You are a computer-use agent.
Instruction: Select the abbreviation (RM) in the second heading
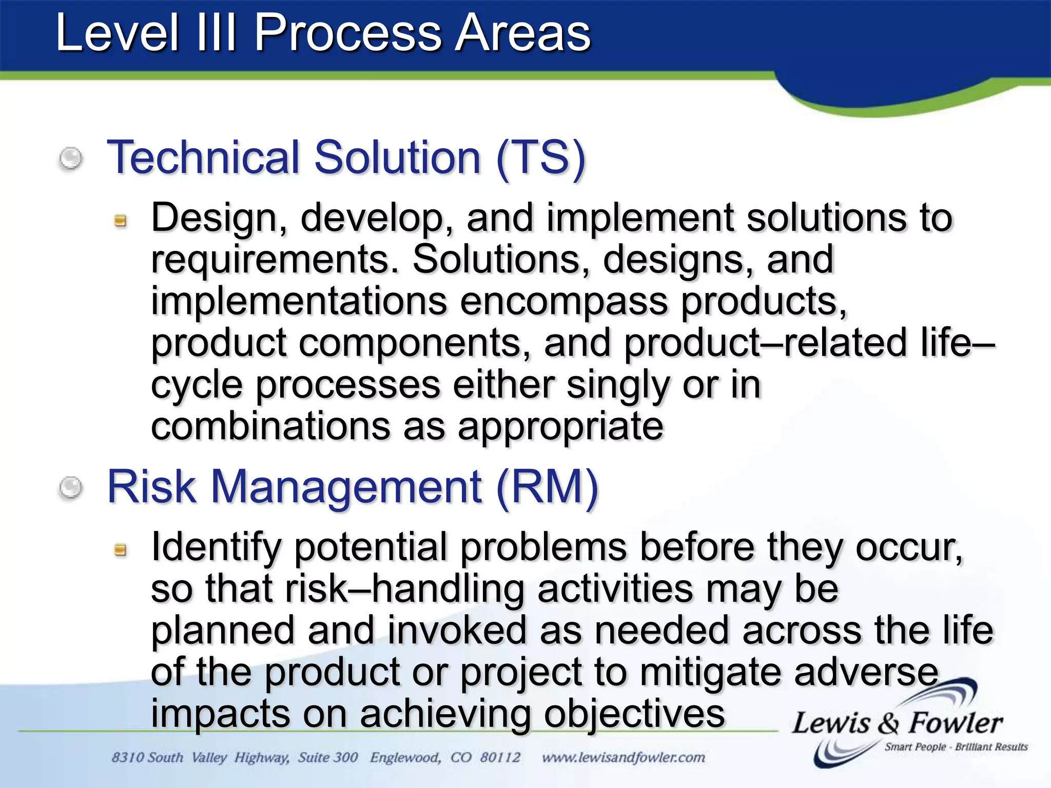(547, 487)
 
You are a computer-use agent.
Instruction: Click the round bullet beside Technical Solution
(71, 158)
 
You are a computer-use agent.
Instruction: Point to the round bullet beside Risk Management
(71, 487)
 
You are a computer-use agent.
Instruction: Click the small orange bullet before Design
(120, 221)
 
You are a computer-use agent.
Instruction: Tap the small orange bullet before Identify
(120, 550)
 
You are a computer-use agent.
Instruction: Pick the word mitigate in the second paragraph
(711, 673)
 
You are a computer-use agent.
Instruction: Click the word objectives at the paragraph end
(634, 714)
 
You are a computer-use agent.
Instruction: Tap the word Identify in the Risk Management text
(216, 547)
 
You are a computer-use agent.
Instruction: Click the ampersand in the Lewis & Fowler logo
(888, 724)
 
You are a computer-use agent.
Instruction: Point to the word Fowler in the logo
(956, 723)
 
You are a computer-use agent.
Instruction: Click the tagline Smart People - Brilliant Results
(956, 747)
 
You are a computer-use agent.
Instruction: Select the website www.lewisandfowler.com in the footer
(623, 758)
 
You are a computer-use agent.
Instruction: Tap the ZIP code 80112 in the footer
(500, 758)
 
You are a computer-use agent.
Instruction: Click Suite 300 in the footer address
(328, 758)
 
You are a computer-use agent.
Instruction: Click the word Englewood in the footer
(405, 758)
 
